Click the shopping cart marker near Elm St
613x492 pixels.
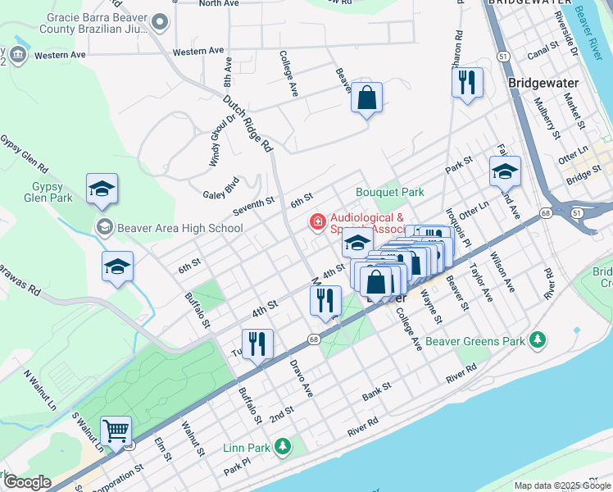click(116, 430)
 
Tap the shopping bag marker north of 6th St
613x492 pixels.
click(366, 98)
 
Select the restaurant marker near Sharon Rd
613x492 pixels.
click(467, 82)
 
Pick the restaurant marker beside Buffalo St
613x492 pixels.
click(257, 344)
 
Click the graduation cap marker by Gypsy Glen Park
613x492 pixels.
click(102, 189)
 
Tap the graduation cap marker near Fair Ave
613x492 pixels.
click(505, 171)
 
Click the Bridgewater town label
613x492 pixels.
click(543, 83)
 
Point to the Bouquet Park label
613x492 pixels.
click(389, 192)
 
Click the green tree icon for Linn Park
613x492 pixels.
click(283, 446)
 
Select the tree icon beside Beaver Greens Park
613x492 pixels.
click(538, 339)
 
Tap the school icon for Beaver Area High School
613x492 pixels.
click(103, 227)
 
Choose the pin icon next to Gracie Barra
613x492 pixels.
click(160, 22)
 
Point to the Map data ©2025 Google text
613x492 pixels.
click(561, 485)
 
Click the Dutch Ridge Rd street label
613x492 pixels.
click(247, 124)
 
